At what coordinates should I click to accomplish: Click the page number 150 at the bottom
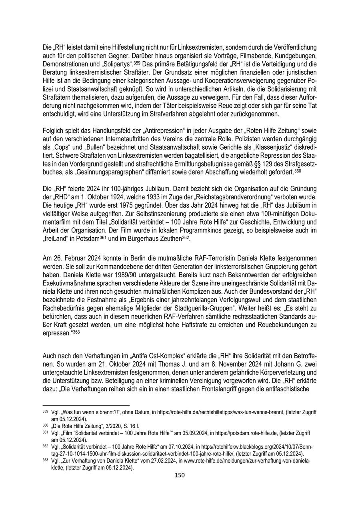click(x=180, y=475)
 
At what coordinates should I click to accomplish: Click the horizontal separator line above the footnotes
click(x=86, y=405)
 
